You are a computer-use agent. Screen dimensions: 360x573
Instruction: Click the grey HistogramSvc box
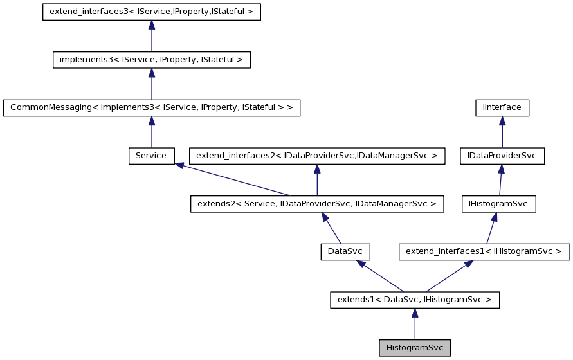click(415, 348)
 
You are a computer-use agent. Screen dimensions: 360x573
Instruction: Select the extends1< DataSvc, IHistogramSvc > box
click(415, 300)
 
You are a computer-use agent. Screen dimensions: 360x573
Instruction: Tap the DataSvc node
click(345, 251)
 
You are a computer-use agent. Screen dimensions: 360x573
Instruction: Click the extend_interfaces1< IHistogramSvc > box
click(484, 251)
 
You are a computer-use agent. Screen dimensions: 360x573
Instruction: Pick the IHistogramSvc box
click(498, 204)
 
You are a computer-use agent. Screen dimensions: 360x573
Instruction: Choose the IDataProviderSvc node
click(502, 156)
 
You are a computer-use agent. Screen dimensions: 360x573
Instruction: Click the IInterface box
click(502, 107)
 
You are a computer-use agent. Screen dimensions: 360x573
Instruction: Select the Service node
click(151, 156)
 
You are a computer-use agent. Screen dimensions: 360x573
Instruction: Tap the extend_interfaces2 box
click(317, 156)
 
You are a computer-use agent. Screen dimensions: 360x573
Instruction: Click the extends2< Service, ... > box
click(317, 204)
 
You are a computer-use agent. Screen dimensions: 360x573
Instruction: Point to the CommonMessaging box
click(152, 107)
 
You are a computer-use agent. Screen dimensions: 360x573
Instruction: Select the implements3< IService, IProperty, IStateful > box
click(151, 60)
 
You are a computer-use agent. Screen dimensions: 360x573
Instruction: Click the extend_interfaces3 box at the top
click(151, 12)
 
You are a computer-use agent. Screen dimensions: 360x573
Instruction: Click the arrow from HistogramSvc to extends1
click(415, 324)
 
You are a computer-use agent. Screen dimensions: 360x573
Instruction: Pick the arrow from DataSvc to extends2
click(332, 228)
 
